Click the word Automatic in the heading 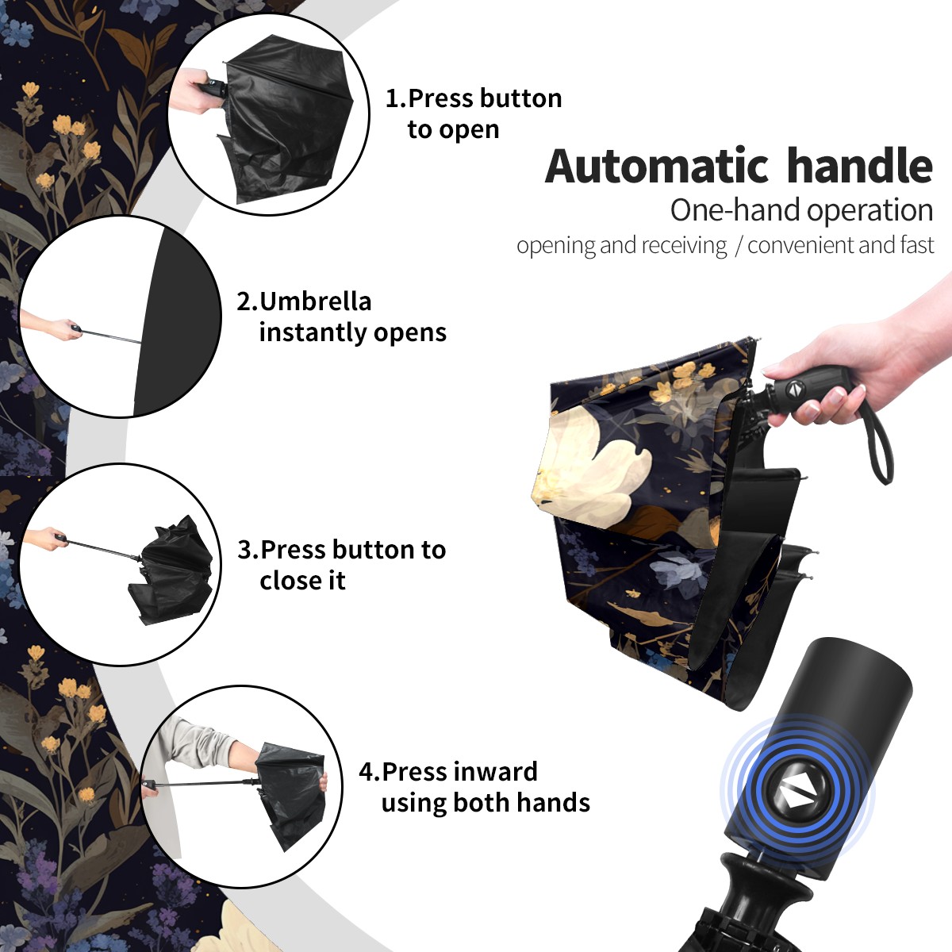(x=657, y=166)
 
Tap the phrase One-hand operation (x=801, y=210)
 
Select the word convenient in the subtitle (x=800, y=245)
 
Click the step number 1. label (x=396, y=98)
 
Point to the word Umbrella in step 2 (x=316, y=301)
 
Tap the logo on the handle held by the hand (x=793, y=390)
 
